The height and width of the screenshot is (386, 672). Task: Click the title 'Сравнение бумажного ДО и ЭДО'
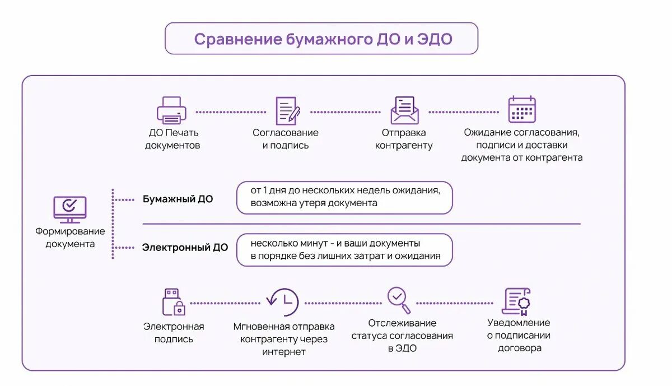[321, 39]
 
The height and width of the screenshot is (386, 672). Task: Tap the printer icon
[171, 110]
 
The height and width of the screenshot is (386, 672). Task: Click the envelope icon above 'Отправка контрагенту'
[404, 110]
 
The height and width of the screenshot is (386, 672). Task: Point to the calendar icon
[522, 109]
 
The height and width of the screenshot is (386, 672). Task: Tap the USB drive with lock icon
[174, 303]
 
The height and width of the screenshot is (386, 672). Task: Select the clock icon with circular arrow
[283, 302]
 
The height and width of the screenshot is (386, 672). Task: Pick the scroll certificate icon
[516, 301]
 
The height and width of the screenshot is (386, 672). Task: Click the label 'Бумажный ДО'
[178, 199]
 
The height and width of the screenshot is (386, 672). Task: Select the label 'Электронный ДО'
[185, 247]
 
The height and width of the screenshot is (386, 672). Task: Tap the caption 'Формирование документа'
[70, 238]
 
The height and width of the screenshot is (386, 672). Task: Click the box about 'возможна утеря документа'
[344, 197]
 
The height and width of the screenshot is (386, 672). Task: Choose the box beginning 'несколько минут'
[344, 250]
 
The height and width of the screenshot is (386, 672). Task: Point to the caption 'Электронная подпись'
[174, 333]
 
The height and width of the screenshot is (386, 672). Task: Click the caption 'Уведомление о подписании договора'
[519, 335]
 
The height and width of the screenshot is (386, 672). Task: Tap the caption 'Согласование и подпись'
[285, 139]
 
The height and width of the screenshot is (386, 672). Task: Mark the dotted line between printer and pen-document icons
[230, 112]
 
